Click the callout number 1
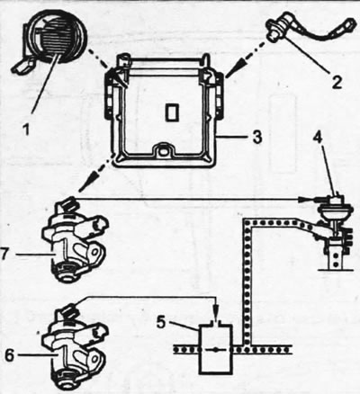[26, 130]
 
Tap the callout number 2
[337, 82]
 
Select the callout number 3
[257, 137]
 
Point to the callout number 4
[318, 139]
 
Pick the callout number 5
[161, 322]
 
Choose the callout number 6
[9, 355]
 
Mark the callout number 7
[4, 255]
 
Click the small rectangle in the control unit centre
[172, 112]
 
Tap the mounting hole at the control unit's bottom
[163, 151]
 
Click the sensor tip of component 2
[273, 36]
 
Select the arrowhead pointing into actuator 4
[303, 199]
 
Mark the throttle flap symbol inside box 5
[216, 349]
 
